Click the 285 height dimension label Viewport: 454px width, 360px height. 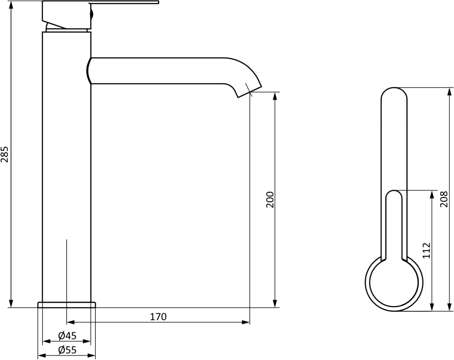click(5, 154)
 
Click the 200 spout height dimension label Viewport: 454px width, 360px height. click(270, 199)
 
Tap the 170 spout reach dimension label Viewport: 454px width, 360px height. click(158, 317)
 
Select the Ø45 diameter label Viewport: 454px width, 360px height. click(67, 336)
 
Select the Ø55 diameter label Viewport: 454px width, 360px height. click(67, 350)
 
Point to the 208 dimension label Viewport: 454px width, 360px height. click(444, 199)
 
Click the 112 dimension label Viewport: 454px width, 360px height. click(427, 250)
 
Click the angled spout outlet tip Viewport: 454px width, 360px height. click(249, 92)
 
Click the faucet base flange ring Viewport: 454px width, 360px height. click(67, 305)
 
